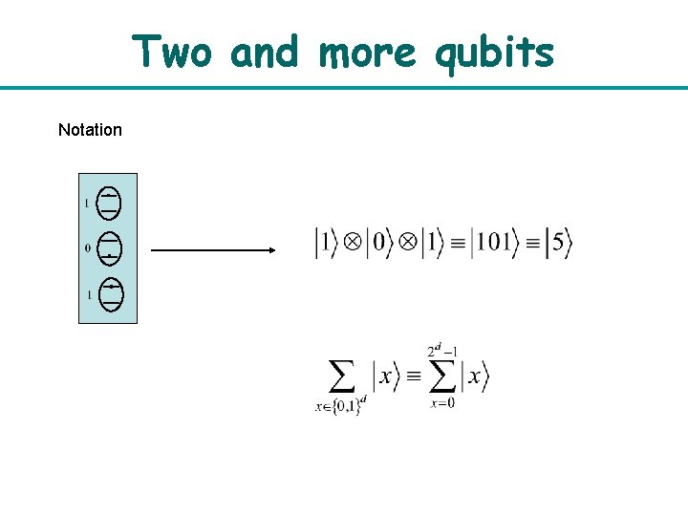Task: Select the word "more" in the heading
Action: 367,53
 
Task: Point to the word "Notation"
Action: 90,130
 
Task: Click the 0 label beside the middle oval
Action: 88,248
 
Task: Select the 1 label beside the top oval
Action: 87,203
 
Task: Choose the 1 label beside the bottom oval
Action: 89,295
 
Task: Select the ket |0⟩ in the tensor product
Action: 379,242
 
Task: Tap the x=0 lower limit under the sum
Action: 442,403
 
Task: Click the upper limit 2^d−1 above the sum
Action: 441,352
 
